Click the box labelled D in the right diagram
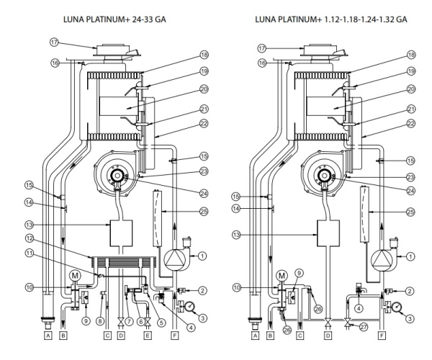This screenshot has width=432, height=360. coord(328,335)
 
